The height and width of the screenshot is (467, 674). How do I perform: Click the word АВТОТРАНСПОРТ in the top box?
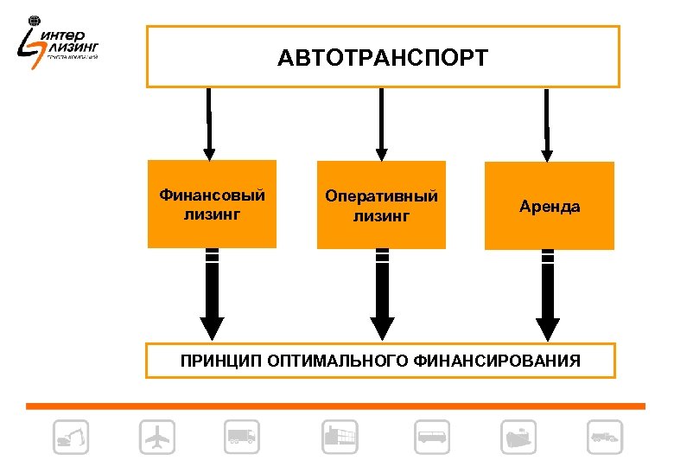click(x=383, y=58)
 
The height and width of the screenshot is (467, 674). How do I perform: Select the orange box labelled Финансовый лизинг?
click(x=212, y=204)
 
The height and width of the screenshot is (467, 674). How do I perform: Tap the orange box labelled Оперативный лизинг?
click(x=381, y=206)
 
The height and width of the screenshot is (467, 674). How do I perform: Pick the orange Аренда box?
click(x=550, y=207)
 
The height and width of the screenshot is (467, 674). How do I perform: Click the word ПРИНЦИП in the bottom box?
click(x=215, y=361)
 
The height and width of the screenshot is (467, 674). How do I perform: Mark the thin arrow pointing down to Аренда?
click(x=547, y=125)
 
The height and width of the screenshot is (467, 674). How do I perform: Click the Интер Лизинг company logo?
click(x=60, y=43)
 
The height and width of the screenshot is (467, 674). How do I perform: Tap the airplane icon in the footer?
click(x=156, y=438)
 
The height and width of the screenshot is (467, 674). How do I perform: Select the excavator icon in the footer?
click(x=70, y=438)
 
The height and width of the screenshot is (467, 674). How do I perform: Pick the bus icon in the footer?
click(x=432, y=438)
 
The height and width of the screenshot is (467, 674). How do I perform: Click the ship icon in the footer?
click(x=518, y=438)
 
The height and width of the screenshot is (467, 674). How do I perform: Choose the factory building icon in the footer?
click(x=340, y=438)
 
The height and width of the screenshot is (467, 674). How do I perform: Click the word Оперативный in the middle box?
click(x=381, y=196)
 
